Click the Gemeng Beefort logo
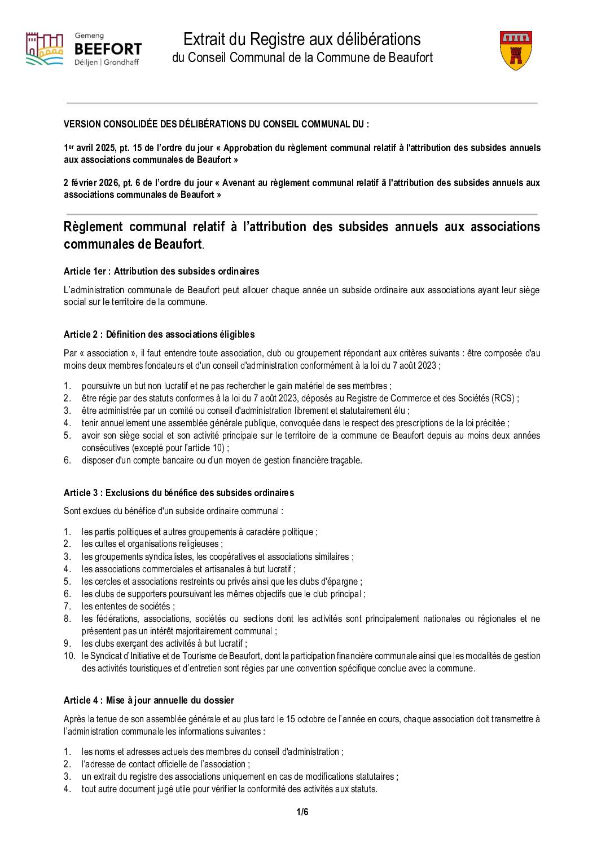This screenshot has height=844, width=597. click(x=84, y=49)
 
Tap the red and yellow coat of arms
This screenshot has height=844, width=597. click(x=516, y=50)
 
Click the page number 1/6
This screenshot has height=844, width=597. click(x=302, y=812)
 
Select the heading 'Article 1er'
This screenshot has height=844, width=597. click(x=161, y=271)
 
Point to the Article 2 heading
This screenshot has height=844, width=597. click(x=159, y=334)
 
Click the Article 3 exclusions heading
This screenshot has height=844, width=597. click(x=179, y=493)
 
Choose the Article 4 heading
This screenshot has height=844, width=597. click(x=149, y=700)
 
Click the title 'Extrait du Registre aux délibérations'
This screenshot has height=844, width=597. click(x=302, y=39)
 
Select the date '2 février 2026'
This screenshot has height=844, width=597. click(x=90, y=183)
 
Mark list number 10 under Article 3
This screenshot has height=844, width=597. click(x=69, y=656)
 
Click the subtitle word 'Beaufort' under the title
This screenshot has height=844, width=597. click(x=411, y=58)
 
